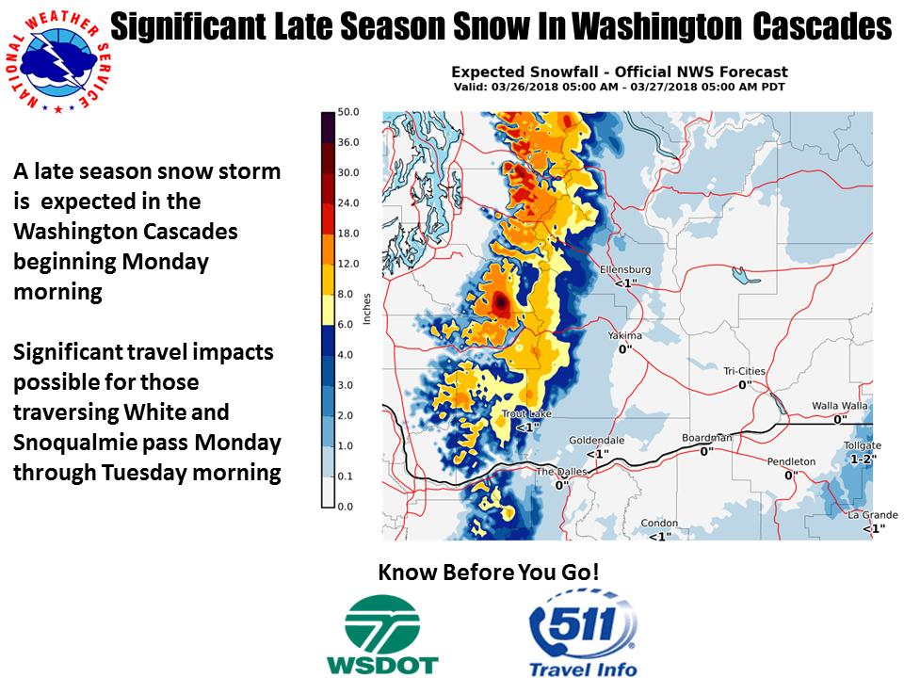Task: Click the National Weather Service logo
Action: [57, 62]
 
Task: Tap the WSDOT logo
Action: [382, 635]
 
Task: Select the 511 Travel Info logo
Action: [583, 633]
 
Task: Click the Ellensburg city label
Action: [625, 270]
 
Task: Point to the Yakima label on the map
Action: [624, 335]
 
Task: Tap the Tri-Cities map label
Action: [744, 371]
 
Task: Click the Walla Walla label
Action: [839, 406]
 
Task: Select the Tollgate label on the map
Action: [863, 445]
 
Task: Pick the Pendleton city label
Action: [791, 461]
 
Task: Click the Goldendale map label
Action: [597, 441]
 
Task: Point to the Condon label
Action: [659, 524]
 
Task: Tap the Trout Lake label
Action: [526, 414]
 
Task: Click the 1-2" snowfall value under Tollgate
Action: [864, 459]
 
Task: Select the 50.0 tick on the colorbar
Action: [348, 112]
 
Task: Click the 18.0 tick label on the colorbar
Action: [348, 234]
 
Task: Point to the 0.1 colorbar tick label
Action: [346, 476]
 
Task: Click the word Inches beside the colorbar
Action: [366, 309]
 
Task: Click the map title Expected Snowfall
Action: [525, 73]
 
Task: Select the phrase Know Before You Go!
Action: [489, 572]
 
